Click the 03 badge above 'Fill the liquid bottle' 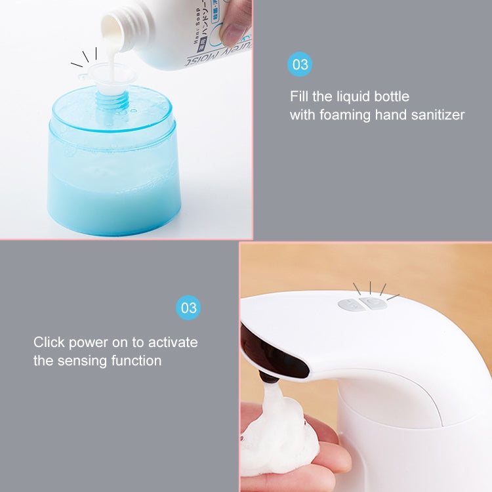[300, 64]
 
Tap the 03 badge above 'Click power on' [189, 308]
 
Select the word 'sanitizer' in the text [436, 115]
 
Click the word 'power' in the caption [90, 342]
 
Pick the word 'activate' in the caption [173, 342]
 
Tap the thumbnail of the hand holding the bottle [237, 20]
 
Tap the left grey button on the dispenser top [349, 304]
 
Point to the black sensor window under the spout [272, 354]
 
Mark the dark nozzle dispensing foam [267, 377]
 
